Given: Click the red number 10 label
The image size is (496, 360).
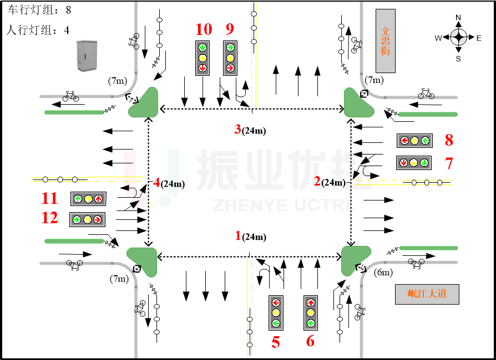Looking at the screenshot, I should click(204, 29).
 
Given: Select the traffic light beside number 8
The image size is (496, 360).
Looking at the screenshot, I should click(414, 141).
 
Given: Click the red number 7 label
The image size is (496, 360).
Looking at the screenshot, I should click(449, 163).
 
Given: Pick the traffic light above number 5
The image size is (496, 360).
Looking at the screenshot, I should click(276, 313).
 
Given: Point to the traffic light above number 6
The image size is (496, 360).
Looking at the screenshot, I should click(311, 313).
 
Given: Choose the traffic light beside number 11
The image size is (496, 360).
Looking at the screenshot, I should click(88, 198).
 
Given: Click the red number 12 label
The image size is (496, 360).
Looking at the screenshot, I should click(49, 218).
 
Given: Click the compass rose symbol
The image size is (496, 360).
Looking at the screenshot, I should click(458, 38).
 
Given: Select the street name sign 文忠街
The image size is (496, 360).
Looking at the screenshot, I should click(386, 40).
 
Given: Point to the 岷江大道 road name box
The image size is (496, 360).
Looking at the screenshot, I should click(427, 294).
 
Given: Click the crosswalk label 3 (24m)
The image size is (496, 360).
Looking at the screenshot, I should click(250, 131).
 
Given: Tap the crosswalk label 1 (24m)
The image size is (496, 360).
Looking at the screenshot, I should click(250, 236).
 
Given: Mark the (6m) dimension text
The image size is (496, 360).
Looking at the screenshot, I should click(383, 272).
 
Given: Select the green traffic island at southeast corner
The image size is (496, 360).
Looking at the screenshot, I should click(355, 259).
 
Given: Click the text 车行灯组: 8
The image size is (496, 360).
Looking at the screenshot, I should click(39, 10).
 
